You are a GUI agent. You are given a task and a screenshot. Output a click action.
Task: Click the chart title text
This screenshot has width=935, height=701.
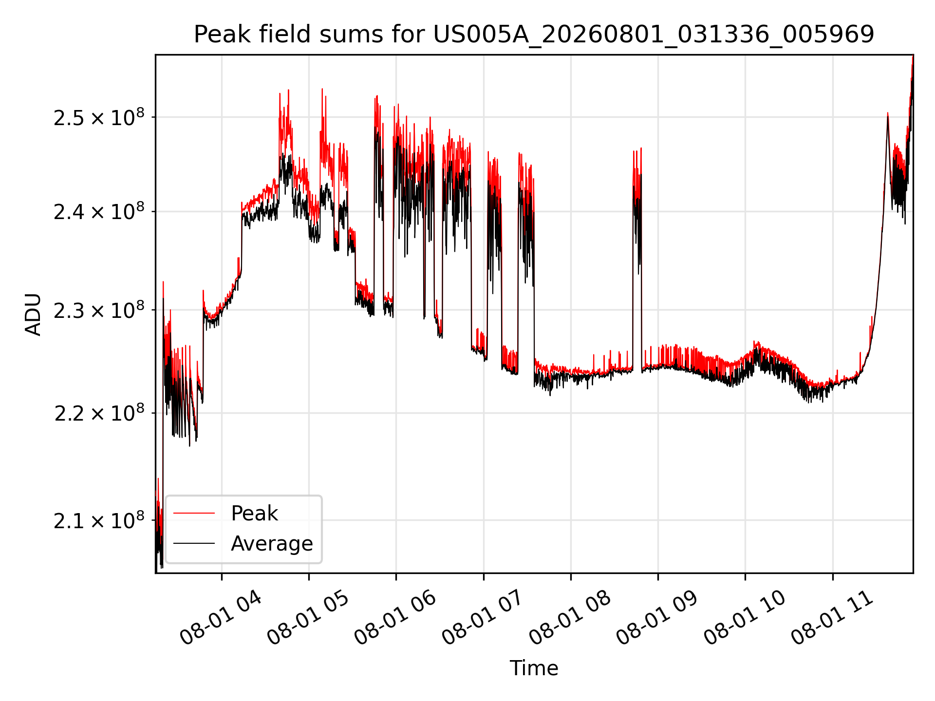tap(534, 35)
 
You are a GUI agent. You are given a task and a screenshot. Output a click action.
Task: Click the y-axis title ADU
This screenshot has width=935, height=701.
tap(33, 314)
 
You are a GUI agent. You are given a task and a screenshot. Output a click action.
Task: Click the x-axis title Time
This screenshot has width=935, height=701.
tap(534, 668)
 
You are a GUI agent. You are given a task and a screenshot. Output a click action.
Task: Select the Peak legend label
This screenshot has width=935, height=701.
tap(254, 514)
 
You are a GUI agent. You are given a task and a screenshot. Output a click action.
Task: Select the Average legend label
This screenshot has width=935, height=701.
tap(272, 544)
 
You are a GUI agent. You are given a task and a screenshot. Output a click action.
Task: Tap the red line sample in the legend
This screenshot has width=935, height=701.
tap(194, 513)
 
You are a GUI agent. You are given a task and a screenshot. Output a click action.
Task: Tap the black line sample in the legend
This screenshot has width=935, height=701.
tap(194, 543)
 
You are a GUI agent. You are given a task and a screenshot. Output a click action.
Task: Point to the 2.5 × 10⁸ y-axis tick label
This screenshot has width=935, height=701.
tap(99, 117)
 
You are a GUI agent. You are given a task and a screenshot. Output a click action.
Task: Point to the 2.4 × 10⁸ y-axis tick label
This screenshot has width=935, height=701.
tap(99, 212)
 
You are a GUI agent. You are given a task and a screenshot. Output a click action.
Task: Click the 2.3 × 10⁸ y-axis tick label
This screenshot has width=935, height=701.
tap(99, 310)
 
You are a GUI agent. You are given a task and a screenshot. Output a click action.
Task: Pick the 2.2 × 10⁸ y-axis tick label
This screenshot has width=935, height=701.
tap(99, 413)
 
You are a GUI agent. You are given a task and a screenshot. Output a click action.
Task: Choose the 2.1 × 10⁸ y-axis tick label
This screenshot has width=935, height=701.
tap(99, 521)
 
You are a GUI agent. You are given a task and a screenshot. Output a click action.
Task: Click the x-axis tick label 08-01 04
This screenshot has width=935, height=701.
tap(221, 618)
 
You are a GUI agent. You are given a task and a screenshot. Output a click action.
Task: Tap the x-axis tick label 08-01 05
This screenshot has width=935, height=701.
tap(308, 618)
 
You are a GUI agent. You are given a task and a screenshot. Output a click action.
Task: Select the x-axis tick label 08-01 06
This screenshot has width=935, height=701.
tap(395, 618)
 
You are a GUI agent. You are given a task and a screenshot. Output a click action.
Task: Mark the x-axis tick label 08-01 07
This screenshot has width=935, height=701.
tap(482, 618)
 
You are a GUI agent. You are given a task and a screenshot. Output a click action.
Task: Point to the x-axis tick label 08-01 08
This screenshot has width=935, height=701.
tap(570, 618)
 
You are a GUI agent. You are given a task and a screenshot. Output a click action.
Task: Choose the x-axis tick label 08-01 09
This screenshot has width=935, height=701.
tap(657, 618)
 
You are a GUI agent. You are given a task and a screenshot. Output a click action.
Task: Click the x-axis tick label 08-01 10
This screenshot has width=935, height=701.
tap(744, 618)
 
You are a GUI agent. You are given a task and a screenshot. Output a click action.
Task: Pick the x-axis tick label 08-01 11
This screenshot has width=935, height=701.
tap(831, 618)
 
